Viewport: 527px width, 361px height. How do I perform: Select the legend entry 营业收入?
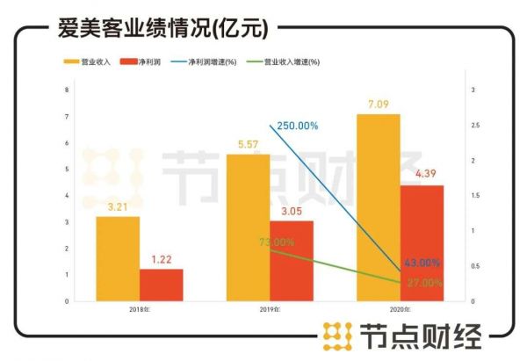tap(88, 62)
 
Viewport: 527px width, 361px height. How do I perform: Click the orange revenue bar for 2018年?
tap(118, 258)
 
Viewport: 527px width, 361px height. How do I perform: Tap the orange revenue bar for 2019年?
tap(248, 227)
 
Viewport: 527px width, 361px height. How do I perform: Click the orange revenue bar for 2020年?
tap(378, 207)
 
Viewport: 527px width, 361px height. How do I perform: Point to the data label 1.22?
tap(162, 260)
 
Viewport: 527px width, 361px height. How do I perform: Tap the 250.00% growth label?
tap(297, 126)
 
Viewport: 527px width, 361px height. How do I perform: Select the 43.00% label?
tap(422, 263)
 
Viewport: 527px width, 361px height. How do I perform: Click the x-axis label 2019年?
tap(270, 310)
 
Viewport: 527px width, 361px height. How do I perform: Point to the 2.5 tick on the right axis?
tap(475, 126)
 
